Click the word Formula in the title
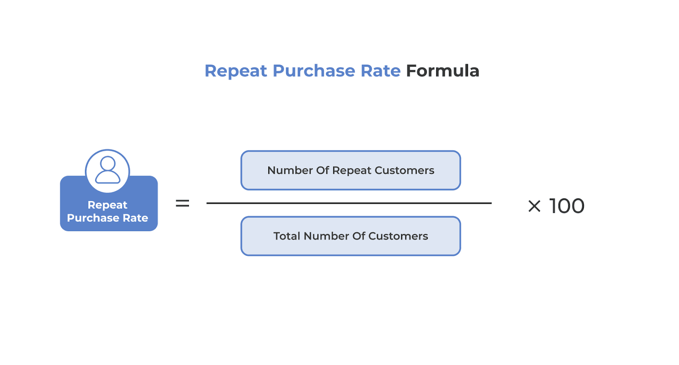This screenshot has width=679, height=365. click(x=442, y=71)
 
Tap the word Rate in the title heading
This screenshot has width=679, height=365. click(x=380, y=71)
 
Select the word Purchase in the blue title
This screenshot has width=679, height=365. click(x=314, y=71)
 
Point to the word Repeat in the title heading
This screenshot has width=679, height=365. click(x=236, y=71)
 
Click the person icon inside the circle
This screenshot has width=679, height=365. click(x=108, y=170)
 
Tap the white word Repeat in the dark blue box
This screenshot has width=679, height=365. click(x=107, y=205)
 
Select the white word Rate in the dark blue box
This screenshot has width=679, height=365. click(x=135, y=218)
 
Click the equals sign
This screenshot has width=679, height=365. click(x=182, y=204)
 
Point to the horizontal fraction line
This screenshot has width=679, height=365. click(x=349, y=203)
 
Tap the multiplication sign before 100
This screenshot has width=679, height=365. click(x=534, y=207)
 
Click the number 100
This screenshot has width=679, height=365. click(x=567, y=206)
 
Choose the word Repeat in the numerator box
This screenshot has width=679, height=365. click(x=352, y=170)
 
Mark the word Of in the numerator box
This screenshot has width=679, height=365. click(x=323, y=170)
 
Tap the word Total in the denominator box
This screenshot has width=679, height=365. click(x=287, y=236)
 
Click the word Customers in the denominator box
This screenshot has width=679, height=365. click(x=398, y=236)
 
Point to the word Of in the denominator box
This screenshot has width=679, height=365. click(x=359, y=236)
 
